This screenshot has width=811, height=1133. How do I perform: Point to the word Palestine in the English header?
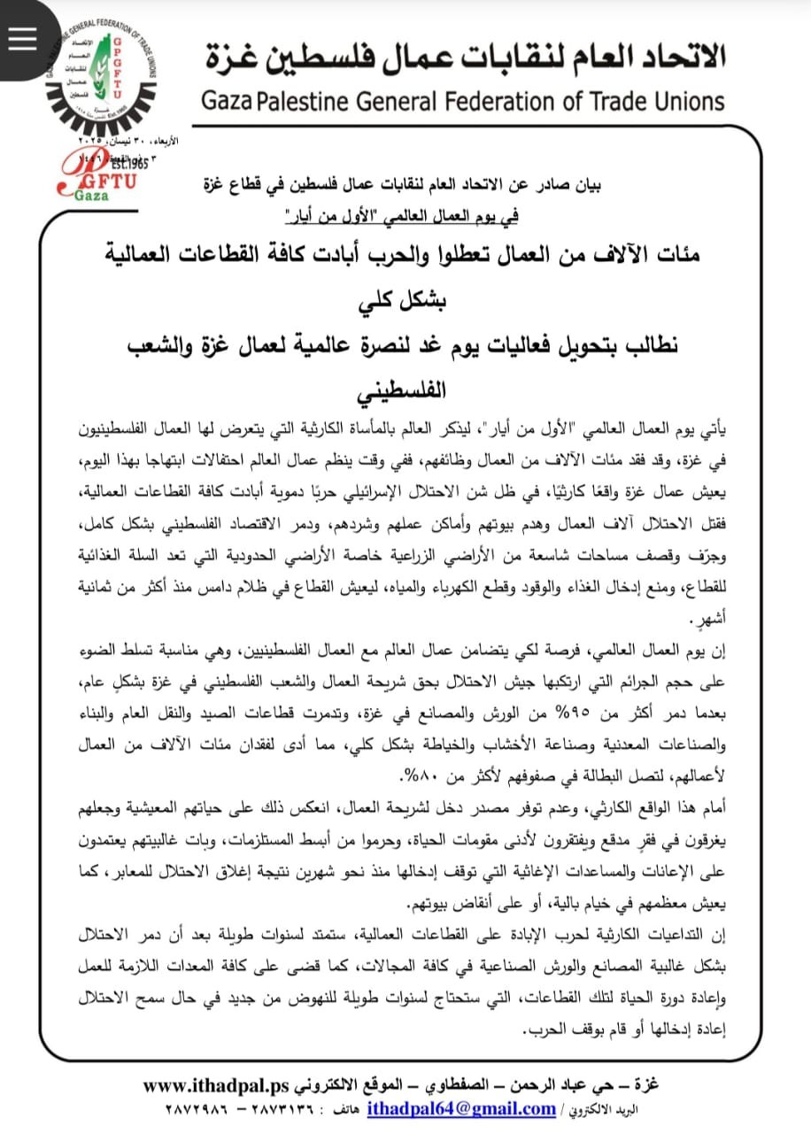pos(294,100)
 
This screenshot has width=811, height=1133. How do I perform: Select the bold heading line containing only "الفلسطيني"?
pos(405,390)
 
